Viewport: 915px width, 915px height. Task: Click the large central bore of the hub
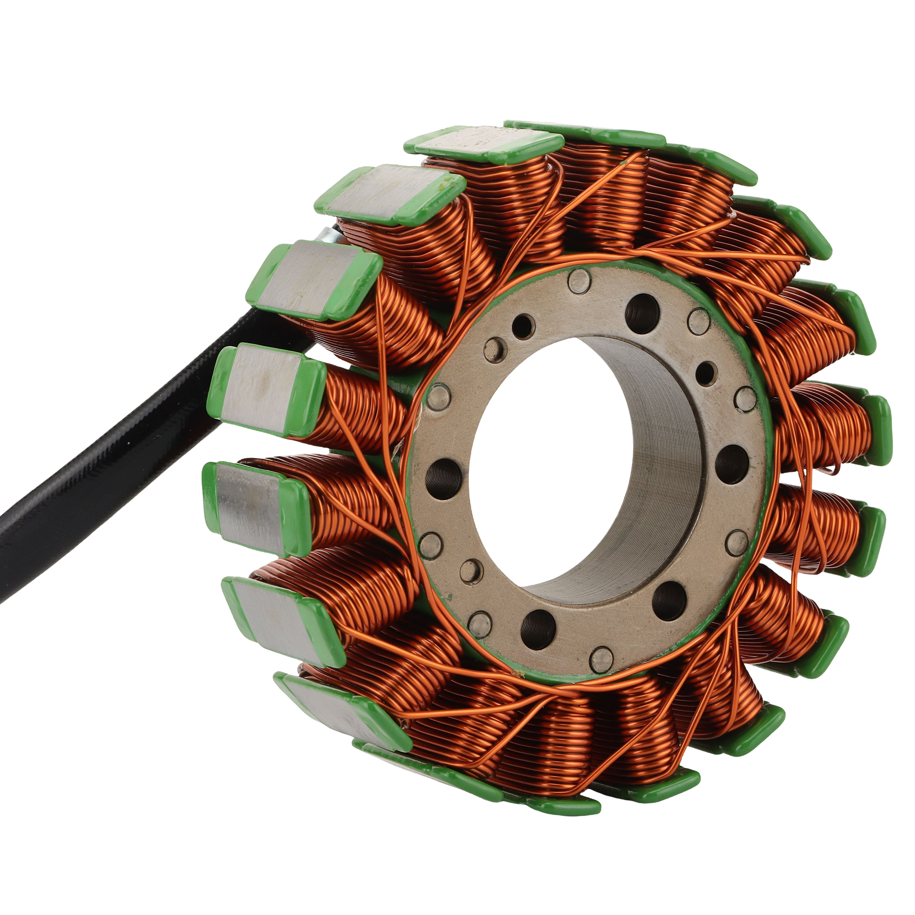coord(544,455)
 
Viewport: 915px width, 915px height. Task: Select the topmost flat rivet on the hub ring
coord(579,281)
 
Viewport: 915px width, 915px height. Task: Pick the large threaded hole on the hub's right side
coord(732,463)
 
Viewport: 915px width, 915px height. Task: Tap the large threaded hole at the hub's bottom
coord(538,630)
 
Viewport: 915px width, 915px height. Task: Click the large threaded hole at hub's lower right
coord(668,601)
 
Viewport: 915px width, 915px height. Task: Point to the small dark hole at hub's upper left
coord(522,326)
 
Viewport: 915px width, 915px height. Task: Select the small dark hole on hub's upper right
coord(705,374)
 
